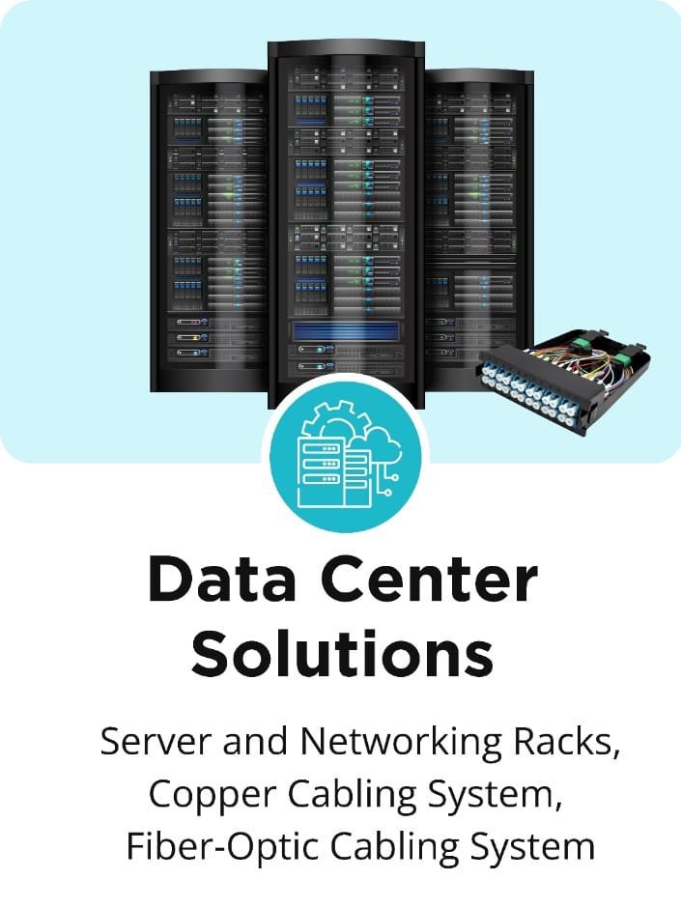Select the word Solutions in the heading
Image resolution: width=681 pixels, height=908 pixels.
click(342, 654)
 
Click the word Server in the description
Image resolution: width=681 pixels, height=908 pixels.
click(156, 742)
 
